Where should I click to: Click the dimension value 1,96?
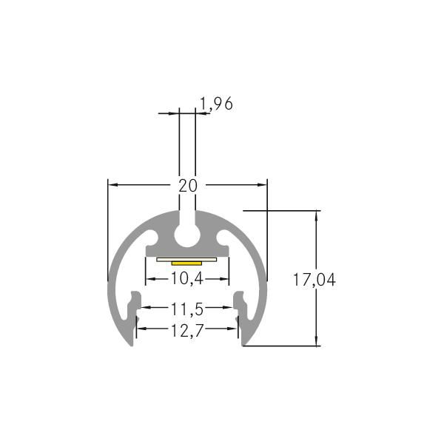point(217,104)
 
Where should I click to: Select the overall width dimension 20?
point(188,185)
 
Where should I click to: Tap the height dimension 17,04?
point(314,280)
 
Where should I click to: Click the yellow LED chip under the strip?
point(187,262)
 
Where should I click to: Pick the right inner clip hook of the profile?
point(240,303)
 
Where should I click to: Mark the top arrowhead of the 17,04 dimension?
point(317,215)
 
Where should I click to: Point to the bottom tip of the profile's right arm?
point(244,344)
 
